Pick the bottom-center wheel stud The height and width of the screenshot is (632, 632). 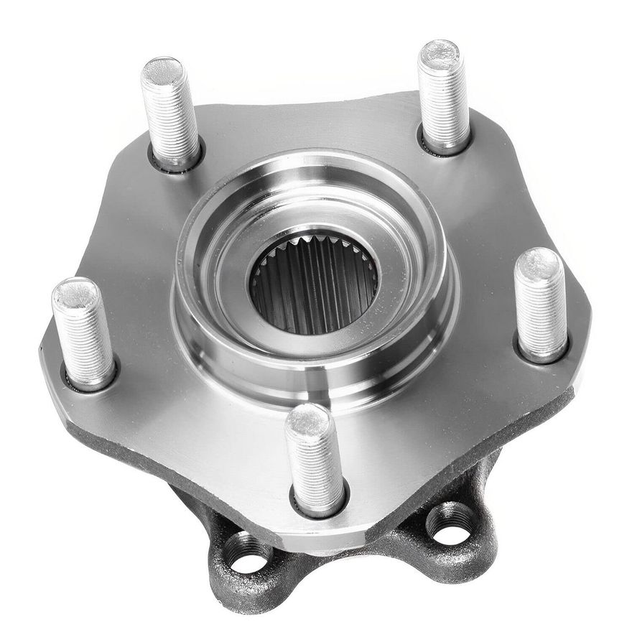[315, 460]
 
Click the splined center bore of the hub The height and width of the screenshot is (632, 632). [314, 284]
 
